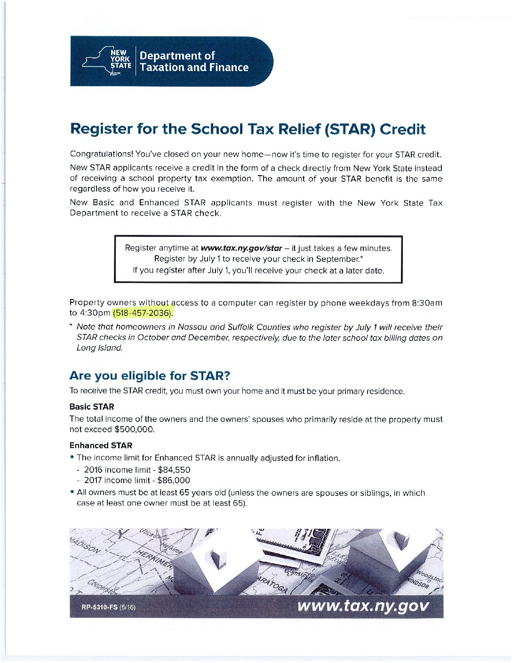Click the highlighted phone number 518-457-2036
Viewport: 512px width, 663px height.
143,313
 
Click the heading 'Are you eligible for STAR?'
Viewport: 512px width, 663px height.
150,376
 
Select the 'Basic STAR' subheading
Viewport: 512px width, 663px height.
92,407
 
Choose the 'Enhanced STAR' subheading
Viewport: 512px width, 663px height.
101,445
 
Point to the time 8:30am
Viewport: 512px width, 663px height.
427,303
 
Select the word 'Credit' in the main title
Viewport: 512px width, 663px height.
402,129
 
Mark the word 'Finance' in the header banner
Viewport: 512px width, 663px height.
229,67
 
